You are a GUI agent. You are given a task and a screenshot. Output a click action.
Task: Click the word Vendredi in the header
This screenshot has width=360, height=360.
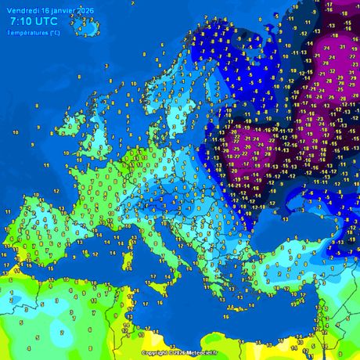point(20,9)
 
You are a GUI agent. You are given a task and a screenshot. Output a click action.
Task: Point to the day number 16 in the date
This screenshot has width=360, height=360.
point(44,9)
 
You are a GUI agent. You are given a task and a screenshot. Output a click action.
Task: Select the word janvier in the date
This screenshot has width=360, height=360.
point(63,9)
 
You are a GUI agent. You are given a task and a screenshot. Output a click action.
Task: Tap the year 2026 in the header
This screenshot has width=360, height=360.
point(85,9)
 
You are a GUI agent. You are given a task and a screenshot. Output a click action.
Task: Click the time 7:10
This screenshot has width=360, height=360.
point(25,21)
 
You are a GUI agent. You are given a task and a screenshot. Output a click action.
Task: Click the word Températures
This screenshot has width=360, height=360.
point(27,32)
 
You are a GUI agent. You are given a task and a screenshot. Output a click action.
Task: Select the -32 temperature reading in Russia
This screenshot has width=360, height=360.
point(332,70)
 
